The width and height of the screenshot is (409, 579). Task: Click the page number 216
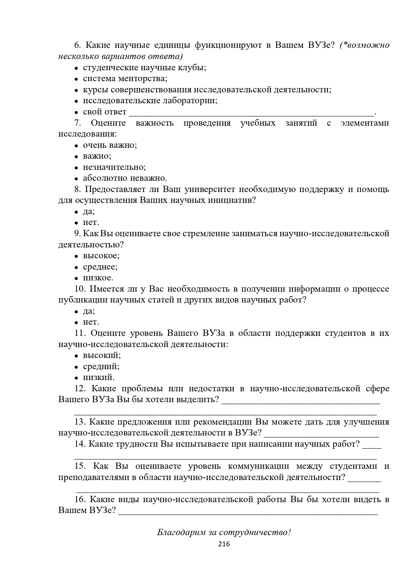pyautogui.click(x=224, y=544)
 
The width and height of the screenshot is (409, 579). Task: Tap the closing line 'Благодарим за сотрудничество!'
pyautogui.click(x=224, y=532)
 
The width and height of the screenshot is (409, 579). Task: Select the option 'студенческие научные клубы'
pyautogui.click(x=144, y=68)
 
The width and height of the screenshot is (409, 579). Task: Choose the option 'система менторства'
pyautogui.click(x=125, y=79)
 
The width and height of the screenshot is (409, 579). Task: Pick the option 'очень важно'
pyautogui.click(x=110, y=145)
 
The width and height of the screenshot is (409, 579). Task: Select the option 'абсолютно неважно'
pyautogui.click(x=125, y=178)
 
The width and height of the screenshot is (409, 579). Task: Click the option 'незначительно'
pyautogui.click(x=114, y=167)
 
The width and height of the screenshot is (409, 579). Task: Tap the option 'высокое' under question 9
pyautogui.click(x=101, y=256)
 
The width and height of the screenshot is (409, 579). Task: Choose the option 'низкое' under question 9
pyautogui.click(x=98, y=278)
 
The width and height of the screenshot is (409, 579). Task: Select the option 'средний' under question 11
pyautogui.click(x=101, y=367)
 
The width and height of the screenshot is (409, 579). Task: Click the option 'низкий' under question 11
pyautogui.click(x=99, y=377)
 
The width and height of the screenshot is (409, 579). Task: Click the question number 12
pyautogui.click(x=80, y=389)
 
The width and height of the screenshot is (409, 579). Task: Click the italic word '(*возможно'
pyautogui.click(x=365, y=45)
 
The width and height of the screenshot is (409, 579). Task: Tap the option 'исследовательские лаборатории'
pyautogui.click(x=150, y=101)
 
